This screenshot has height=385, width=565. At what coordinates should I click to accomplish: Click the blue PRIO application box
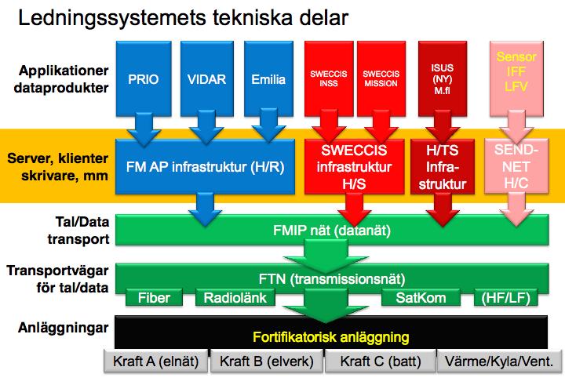[144, 78]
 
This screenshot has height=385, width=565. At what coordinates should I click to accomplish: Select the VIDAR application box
[207, 78]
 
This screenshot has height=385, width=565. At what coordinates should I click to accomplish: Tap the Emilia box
[268, 78]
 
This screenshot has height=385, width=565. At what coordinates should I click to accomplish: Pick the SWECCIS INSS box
[329, 78]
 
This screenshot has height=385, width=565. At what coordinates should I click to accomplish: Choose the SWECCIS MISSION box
[381, 78]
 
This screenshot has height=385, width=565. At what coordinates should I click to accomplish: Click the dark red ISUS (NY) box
[443, 78]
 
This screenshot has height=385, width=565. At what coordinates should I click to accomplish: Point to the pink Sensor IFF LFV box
[516, 78]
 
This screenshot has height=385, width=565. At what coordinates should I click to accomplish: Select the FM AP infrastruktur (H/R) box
[205, 166]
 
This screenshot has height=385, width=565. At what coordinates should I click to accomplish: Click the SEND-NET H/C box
[516, 166]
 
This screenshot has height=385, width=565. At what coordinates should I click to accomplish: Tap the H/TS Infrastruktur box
[443, 166]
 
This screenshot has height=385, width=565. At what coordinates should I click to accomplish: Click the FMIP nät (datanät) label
[332, 230]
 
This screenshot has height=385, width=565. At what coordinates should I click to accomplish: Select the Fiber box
[154, 298]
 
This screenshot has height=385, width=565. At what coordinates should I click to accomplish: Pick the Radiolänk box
[235, 298]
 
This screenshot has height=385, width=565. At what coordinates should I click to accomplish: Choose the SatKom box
[421, 298]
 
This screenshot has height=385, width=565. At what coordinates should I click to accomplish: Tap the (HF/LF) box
[506, 298]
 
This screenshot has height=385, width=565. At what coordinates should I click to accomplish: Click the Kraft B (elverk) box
[267, 361]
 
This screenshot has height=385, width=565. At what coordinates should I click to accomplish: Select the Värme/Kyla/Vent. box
[499, 361]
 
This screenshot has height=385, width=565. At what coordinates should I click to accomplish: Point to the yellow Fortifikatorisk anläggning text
[331, 337]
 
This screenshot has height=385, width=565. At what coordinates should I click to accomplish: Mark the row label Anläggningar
[64, 328]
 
